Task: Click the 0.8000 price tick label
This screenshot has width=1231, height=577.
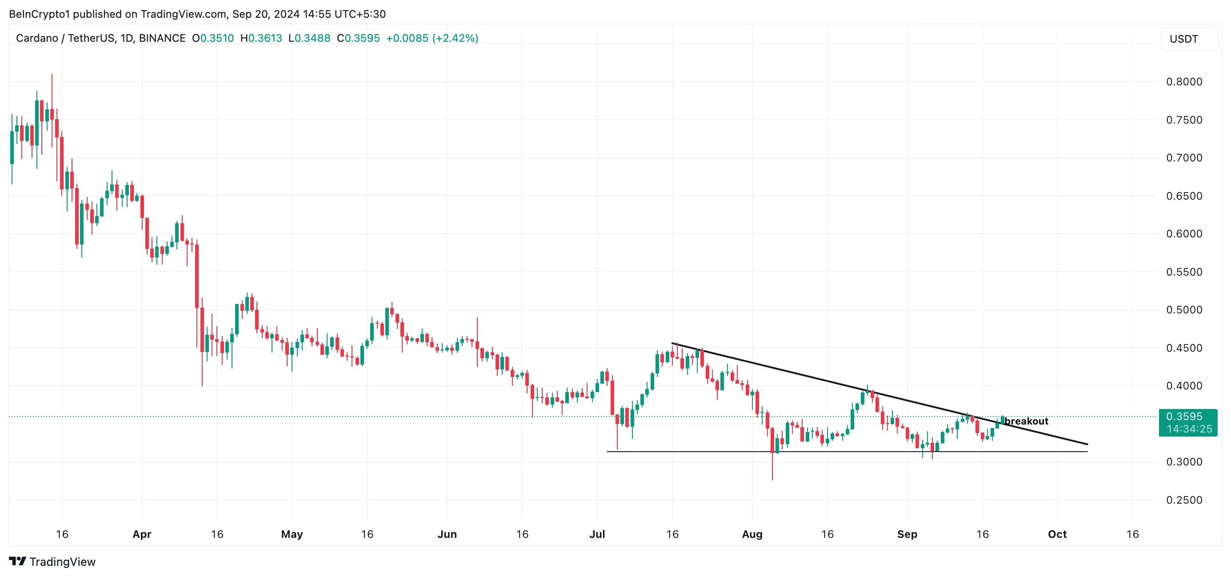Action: [1184, 82]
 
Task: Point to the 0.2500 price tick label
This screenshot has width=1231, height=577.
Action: [1184, 500]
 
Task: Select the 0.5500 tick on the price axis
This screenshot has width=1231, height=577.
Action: [1184, 272]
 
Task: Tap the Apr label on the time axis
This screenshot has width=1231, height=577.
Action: [142, 534]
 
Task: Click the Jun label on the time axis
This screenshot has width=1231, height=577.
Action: [447, 534]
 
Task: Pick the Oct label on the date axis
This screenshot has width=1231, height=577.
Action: [1057, 534]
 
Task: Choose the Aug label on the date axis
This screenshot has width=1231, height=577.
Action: [751, 534]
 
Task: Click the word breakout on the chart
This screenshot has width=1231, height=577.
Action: [1027, 421]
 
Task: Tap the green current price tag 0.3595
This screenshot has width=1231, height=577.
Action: [1184, 417]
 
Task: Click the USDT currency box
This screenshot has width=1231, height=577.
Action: [1184, 39]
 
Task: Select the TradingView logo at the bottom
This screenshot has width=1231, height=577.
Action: [52, 562]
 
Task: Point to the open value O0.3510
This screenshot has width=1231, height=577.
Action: [213, 38]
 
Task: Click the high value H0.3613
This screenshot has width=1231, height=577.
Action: [261, 38]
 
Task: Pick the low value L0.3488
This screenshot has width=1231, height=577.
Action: [309, 38]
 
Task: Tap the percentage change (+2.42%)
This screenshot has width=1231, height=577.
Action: [455, 38]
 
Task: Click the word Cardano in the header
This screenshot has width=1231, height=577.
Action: [37, 38]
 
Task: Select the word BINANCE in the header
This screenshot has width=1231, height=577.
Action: [162, 38]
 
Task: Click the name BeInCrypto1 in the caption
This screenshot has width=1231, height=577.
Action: [39, 14]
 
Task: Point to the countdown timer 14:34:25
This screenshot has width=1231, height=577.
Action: [1189, 429]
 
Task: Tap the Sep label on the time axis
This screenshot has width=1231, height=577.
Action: [907, 534]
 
